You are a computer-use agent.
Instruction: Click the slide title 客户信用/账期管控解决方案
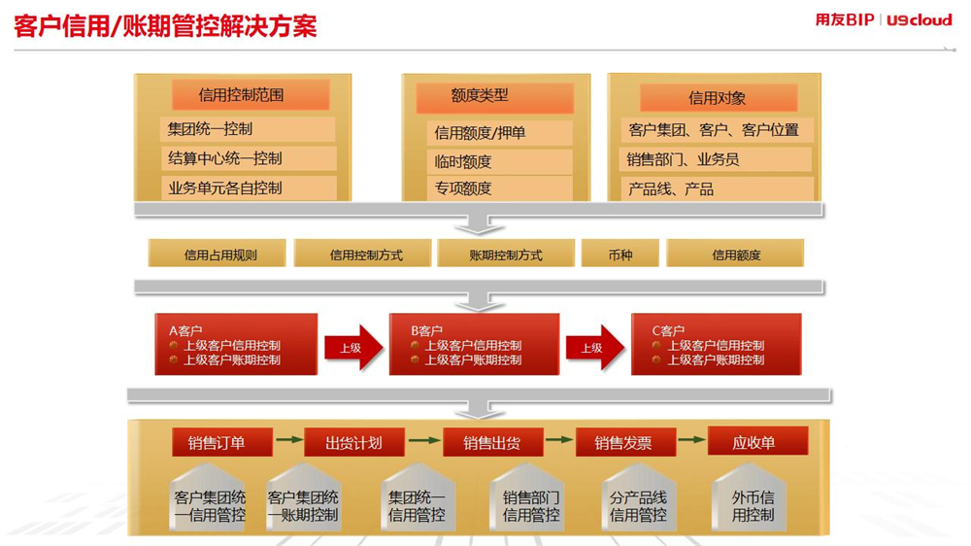coord(165,26)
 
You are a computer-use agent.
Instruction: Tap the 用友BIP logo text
coord(844,19)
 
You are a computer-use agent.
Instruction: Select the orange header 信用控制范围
coord(251,95)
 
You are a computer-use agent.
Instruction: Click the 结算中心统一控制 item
coord(249,158)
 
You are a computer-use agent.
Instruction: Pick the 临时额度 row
coord(499,161)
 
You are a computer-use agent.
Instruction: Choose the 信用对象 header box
coord(719,98)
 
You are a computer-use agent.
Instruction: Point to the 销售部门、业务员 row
coord(716,159)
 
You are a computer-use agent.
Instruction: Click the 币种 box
coord(619,255)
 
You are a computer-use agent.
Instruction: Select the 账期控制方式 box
coord(505,255)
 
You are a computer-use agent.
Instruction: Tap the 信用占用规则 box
coord(218,255)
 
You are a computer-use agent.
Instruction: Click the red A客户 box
coord(236,344)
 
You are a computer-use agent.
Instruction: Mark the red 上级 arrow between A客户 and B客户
coord(353,348)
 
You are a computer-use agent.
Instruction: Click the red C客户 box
coord(716,344)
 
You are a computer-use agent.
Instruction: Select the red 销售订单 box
coord(222,442)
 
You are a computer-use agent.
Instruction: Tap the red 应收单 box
coord(758,441)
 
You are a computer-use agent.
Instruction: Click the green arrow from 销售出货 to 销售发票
coord(559,439)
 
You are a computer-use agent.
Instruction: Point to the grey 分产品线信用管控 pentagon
coord(639,497)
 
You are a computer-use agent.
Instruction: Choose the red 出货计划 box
coord(354,442)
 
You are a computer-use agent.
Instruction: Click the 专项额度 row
coord(499,188)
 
